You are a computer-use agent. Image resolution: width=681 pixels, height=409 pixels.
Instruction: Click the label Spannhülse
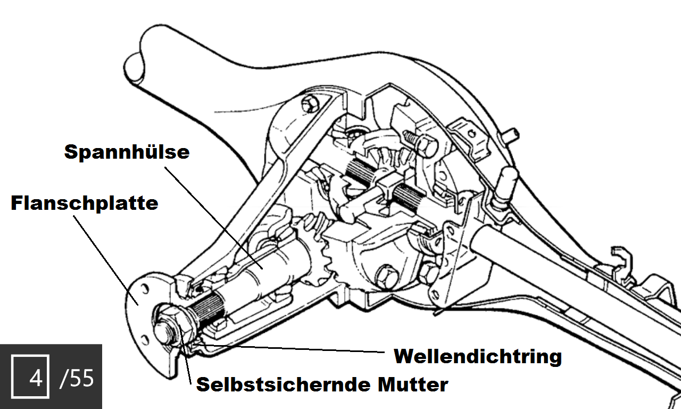(127, 152)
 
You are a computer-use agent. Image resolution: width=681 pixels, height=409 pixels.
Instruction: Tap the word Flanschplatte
(85, 203)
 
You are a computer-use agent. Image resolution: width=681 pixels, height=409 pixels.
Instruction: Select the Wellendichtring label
(478, 356)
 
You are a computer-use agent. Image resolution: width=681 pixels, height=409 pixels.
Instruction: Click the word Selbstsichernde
(285, 385)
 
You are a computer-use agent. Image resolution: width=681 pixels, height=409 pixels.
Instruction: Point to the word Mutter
(413, 385)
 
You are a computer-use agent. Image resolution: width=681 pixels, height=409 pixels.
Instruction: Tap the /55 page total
(77, 378)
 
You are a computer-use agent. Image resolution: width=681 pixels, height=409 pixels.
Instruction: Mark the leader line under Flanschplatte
(106, 260)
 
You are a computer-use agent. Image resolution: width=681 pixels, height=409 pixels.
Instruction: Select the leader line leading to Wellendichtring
(289, 348)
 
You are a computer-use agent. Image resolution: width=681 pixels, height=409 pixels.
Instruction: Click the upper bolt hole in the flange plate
(145, 289)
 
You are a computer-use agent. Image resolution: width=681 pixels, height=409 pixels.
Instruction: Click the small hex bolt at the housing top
(310, 104)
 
